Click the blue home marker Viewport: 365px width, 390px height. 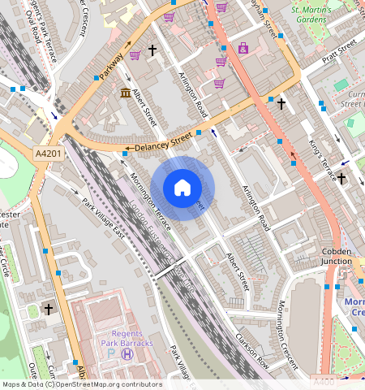coord(182,188)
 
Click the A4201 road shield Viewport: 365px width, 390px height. coord(48,153)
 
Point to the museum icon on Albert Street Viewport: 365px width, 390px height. coord(126,94)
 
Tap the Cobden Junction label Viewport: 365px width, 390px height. coord(337,257)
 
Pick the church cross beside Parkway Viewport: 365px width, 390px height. coord(152,50)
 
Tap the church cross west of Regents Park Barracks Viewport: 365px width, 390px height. coord(48,310)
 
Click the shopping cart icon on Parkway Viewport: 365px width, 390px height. coord(135,54)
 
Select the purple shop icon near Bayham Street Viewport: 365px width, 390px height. coord(243,49)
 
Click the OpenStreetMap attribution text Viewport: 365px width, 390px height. coord(81,384)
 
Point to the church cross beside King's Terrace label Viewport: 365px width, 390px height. coord(341,178)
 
